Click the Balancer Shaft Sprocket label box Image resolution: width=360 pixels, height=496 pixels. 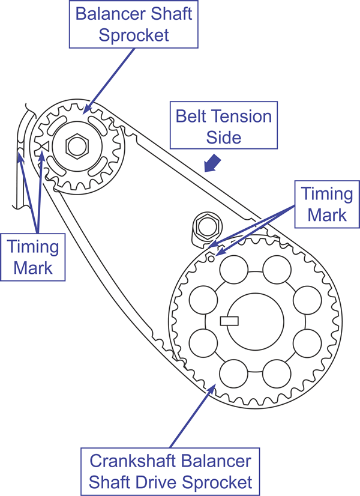pos(134,25)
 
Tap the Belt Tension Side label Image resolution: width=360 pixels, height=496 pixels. pos(224,126)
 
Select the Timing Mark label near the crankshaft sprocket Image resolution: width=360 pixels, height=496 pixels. pos(327,204)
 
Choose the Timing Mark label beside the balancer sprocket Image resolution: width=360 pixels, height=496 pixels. pos(33,257)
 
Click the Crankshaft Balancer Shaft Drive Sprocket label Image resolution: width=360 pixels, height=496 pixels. pos(170,471)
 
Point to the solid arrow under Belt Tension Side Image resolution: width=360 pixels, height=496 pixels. pos(212,163)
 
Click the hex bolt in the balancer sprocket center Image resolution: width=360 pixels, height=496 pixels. pos(77,146)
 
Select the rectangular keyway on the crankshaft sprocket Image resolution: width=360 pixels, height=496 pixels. pos(229,321)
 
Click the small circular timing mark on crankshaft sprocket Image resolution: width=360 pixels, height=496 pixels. pos(211,259)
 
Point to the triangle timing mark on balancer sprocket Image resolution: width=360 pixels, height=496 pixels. pos(44,146)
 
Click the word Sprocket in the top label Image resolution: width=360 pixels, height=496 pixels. pos(134,35)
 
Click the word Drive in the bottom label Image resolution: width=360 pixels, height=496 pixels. pos(158,482)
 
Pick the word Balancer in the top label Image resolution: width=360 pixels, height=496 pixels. pos(111,14)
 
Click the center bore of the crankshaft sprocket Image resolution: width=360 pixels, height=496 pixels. pos(256,322)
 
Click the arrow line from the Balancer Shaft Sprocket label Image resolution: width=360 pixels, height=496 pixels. pos(109,81)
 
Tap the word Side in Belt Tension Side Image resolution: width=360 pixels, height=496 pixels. pos(224,138)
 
